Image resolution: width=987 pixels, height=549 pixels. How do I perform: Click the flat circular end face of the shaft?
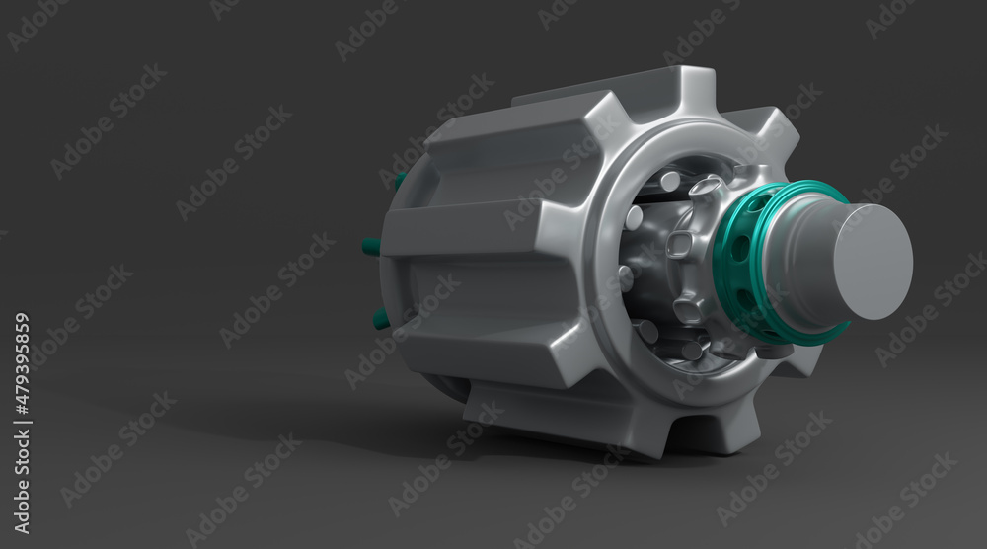(873, 262)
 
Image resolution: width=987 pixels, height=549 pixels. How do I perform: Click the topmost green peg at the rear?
(401, 182)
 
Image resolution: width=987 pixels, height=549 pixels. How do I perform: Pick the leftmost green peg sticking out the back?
(371, 247)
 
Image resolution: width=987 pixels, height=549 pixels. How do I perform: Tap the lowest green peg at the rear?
(380, 320)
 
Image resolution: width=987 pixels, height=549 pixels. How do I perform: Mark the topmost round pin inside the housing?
(670, 182)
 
